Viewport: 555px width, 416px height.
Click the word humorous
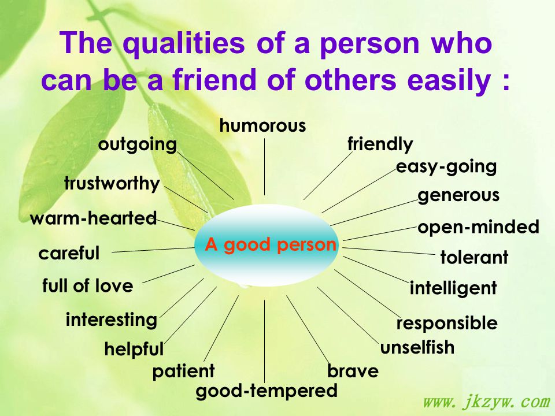click(x=262, y=126)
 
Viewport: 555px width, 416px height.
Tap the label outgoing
click(x=138, y=145)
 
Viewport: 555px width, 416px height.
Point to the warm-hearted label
click(x=94, y=218)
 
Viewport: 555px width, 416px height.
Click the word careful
click(x=69, y=253)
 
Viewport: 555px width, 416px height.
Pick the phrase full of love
click(x=87, y=285)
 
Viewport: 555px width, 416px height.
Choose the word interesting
click(x=112, y=320)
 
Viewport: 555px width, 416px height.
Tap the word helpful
click(x=134, y=350)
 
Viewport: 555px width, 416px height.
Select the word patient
click(x=183, y=372)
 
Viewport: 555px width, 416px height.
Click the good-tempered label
click(x=267, y=392)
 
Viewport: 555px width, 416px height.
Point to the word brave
click(x=353, y=371)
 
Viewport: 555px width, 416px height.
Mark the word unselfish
click(x=417, y=347)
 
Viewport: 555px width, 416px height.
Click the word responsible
click(x=447, y=323)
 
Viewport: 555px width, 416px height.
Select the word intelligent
click(x=453, y=288)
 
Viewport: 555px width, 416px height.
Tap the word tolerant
click(x=474, y=257)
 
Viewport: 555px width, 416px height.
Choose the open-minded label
click(x=478, y=227)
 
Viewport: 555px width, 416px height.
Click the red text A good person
click(x=271, y=245)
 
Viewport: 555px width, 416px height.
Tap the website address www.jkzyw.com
click(x=487, y=402)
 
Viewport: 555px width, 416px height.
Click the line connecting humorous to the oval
click(x=264, y=166)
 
